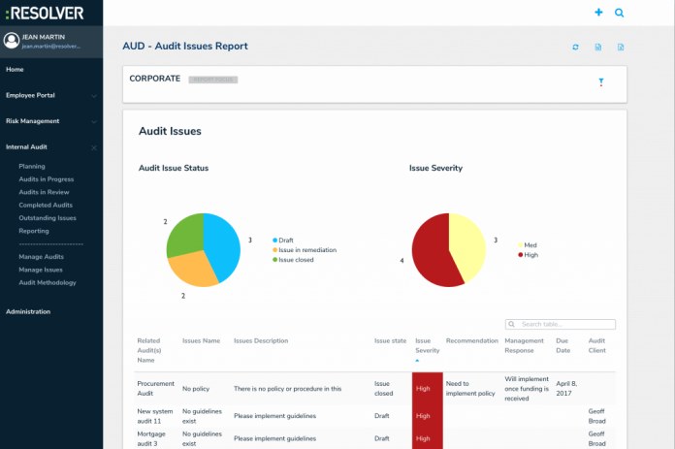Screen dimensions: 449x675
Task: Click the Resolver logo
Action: pyautogui.click(x=44, y=13)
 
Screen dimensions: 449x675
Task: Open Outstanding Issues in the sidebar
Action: pyautogui.click(x=47, y=218)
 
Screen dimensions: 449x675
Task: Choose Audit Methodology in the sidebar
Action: pyautogui.click(x=48, y=282)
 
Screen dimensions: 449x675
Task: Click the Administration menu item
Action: pyautogui.click(x=28, y=311)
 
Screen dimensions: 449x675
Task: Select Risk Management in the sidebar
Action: pyautogui.click(x=32, y=121)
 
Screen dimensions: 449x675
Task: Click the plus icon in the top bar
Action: pyautogui.click(x=598, y=13)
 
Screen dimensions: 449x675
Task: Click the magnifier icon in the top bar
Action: pyautogui.click(x=620, y=13)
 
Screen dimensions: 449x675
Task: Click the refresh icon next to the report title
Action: pyautogui.click(x=575, y=47)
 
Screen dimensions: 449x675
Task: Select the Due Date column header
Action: pyautogui.click(x=563, y=345)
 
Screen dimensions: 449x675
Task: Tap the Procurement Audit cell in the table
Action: pyautogui.click(x=154, y=388)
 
